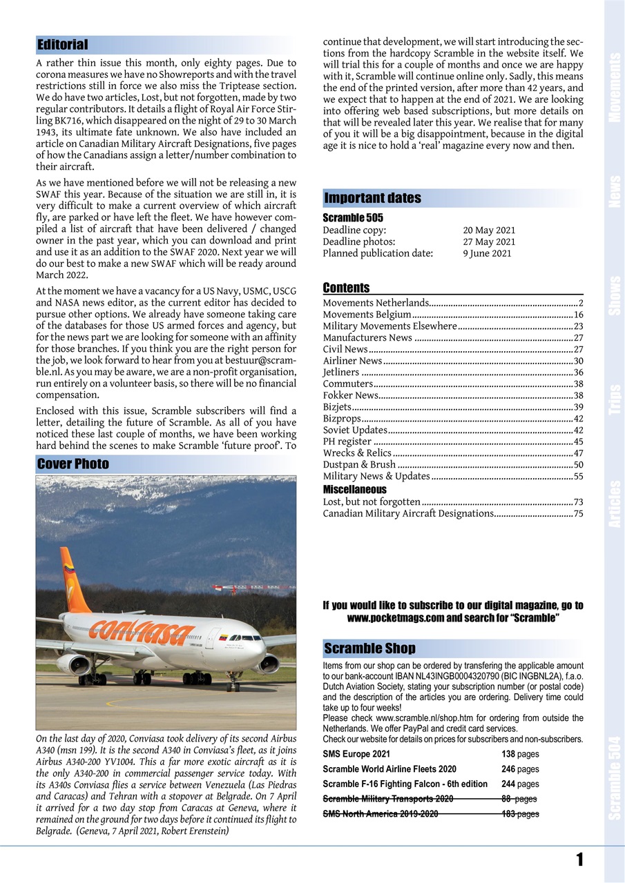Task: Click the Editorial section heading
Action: [x=63, y=45]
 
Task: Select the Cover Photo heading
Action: [x=73, y=464]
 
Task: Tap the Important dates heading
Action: [x=372, y=199]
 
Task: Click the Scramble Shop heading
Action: [x=369, y=648]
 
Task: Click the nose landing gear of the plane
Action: [x=233, y=684]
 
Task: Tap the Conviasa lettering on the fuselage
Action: [x=142, y=630]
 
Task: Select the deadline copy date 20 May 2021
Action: [x=489, y=230]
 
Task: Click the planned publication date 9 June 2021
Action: [x=487, y=253]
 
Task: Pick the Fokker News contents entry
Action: [x=351, y=395]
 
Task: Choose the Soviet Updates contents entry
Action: [x=355, y=430]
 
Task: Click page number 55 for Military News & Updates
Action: [x=578, y=476]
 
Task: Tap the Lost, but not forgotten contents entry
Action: [x=372, y=502]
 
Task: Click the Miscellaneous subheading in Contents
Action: [x=355, y=489]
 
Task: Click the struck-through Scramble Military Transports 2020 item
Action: [x=388, y=799]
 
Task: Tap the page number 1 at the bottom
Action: [x=579, y=860]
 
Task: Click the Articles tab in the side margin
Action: [x=615, y=504]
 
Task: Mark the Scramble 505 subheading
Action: [x=353, y=218]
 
